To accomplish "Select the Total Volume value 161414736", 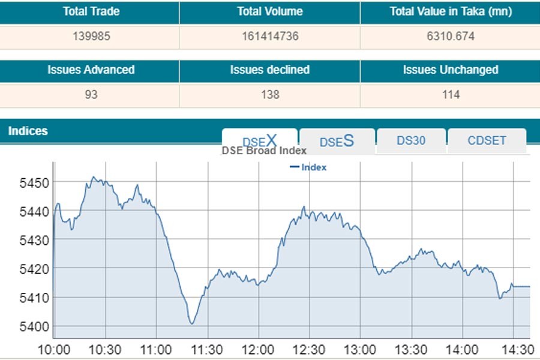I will click(269, 37).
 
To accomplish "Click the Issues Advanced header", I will click(91, 70).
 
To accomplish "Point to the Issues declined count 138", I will click(269, 95).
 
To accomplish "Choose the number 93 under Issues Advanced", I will click(91, 95).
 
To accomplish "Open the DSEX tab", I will click(259, 141).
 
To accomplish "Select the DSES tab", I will click(337, 141).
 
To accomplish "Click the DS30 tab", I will click(411, 140).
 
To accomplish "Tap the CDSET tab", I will click(487, 140).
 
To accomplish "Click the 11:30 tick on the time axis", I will click(208, 350).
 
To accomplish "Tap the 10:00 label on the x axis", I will click(53, 350).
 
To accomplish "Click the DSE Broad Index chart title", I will click(264, 151).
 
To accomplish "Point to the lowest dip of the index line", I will click(192, 324).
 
